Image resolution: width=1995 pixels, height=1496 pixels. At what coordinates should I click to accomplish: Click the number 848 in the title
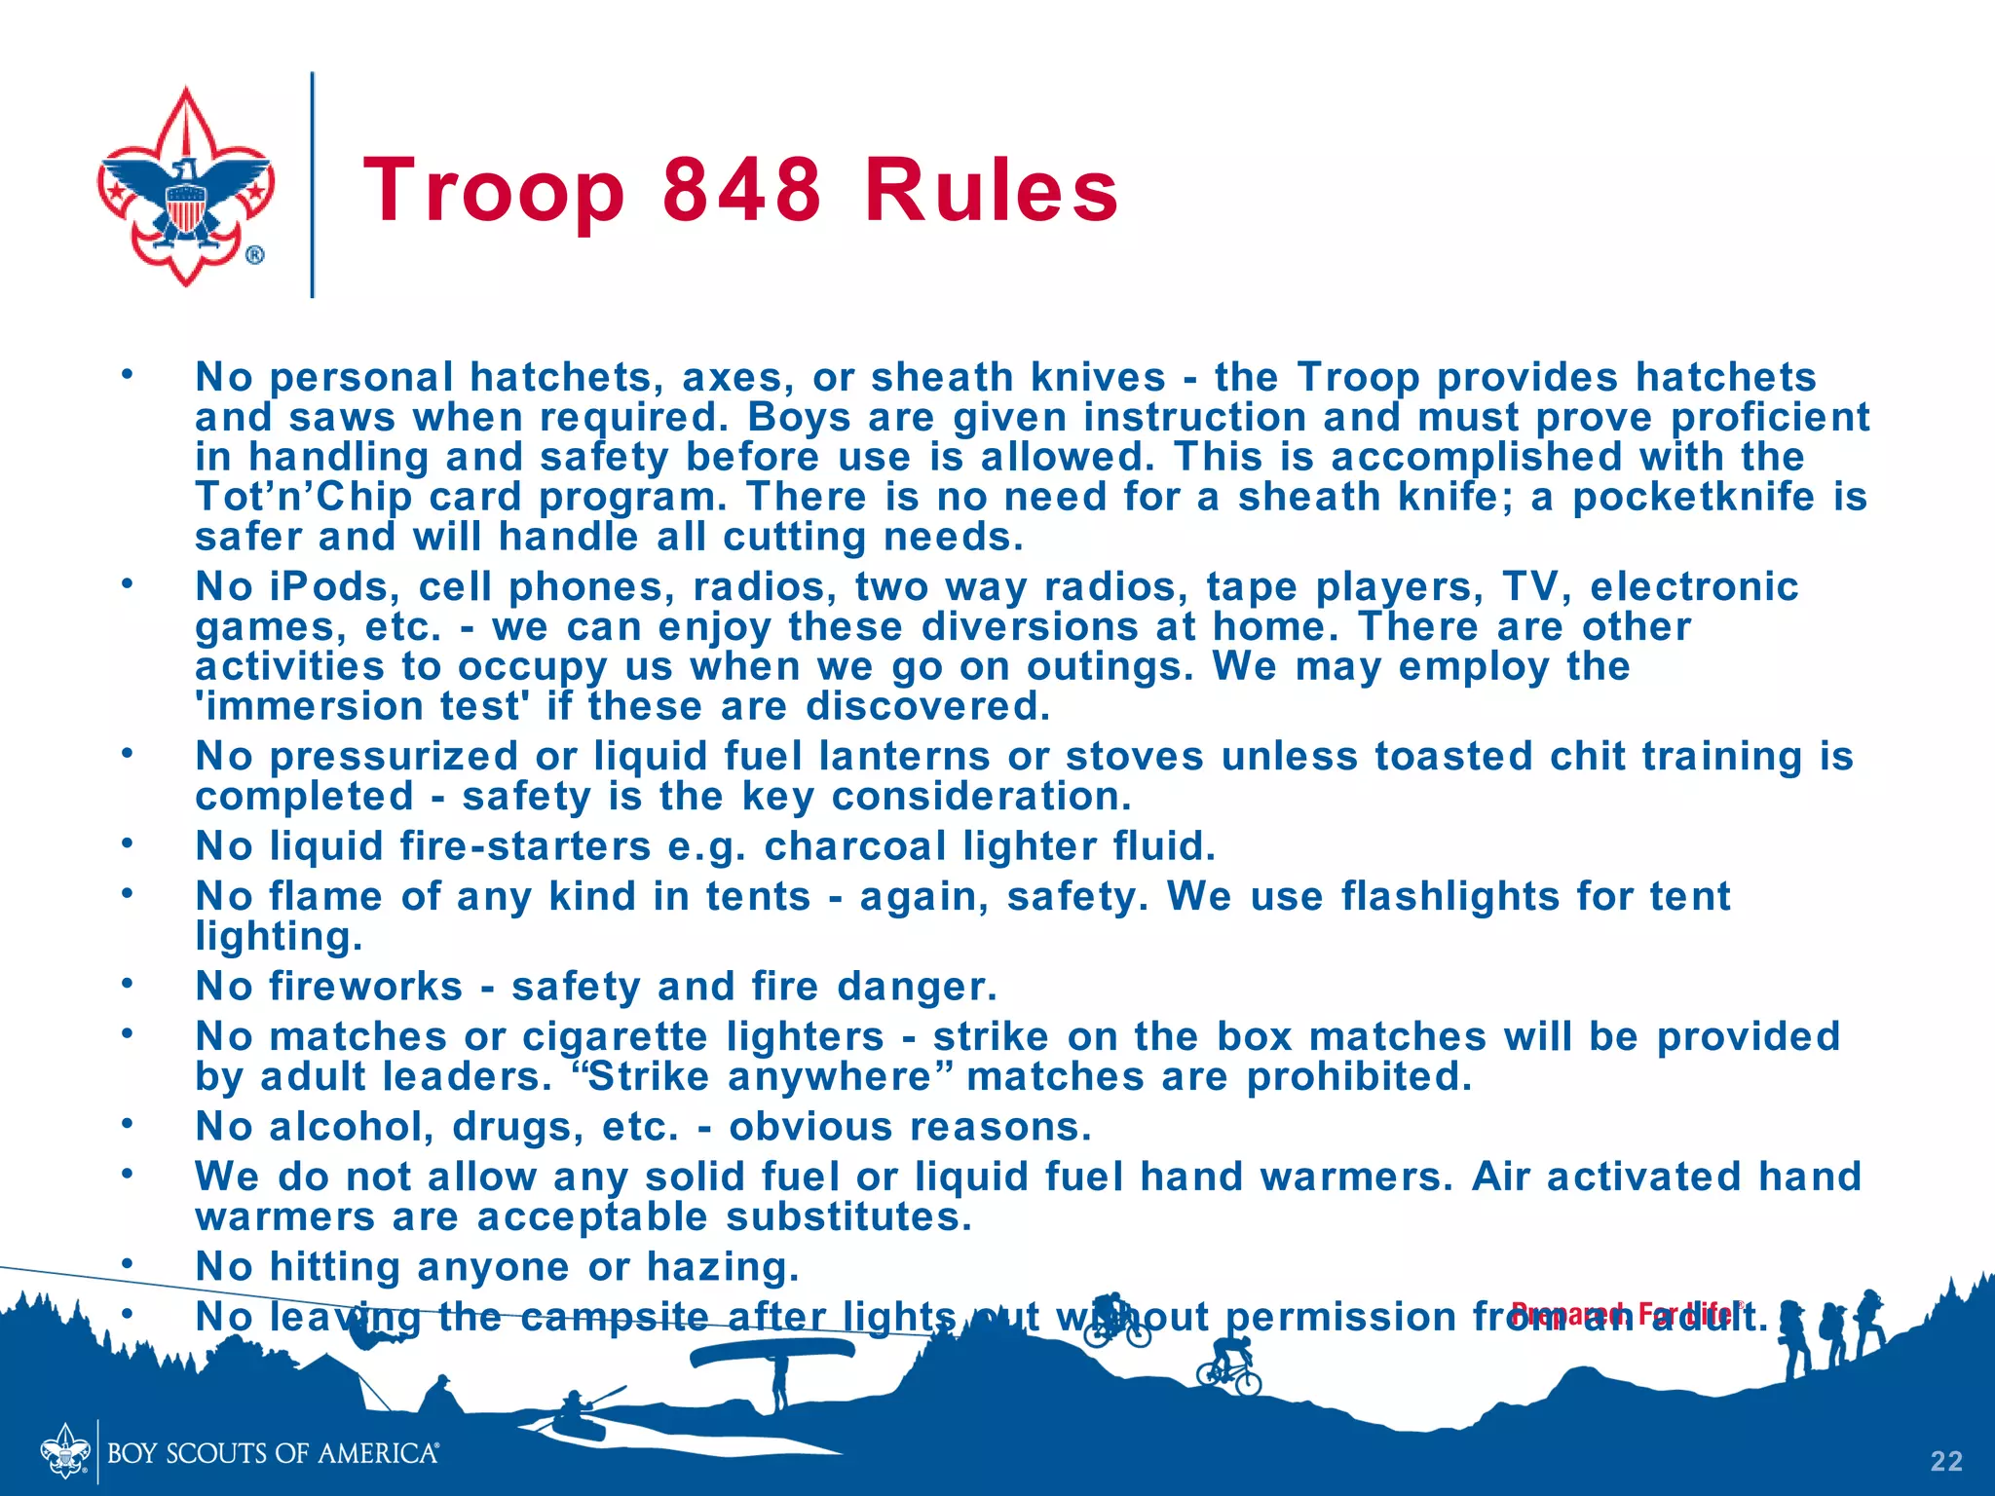tap(742, 191)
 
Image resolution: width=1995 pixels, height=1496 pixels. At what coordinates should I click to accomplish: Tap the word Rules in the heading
tap(992, 191)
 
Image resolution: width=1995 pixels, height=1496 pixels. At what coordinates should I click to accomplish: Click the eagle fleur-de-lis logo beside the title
tap(185, 187)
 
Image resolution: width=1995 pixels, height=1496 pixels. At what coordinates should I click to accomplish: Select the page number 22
tap(1946, 1461)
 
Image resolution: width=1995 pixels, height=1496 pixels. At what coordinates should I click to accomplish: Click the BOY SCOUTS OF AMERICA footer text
tap(273, 1454)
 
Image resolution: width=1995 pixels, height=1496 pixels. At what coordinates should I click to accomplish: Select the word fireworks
tap(366, 987)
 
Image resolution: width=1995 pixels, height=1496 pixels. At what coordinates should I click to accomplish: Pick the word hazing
tap(723, 1267)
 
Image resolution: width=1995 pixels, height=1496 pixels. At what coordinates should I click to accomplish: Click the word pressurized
tap(394, 757)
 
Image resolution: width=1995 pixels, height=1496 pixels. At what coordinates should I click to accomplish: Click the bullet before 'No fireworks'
tap(126, 984)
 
